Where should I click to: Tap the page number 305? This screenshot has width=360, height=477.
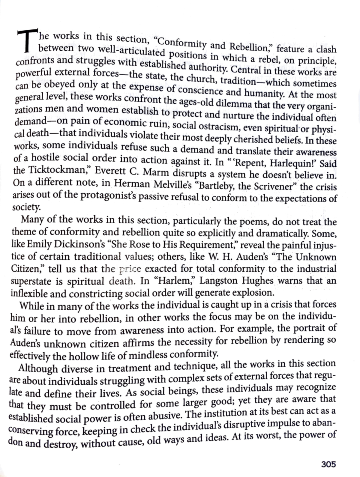pyautogui.click(x=328, y=464)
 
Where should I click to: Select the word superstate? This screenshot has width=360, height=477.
pyautogui.click(x=33, y=282)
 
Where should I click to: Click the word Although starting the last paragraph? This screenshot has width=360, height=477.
pyautogui.click(x=38, y=368)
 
